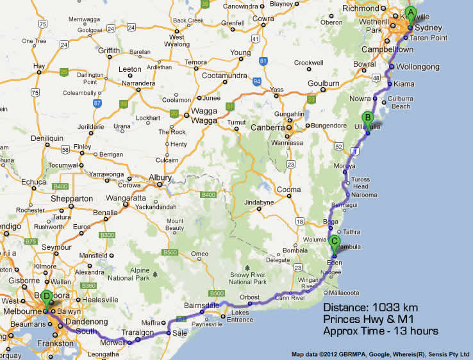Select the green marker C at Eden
(x=334, y=243)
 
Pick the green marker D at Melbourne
(x=46, y=297)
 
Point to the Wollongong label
(x=417, y=67)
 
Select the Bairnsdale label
(x=202, y=305)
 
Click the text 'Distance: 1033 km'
(x=370, y=307)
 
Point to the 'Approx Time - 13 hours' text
(x=380, y=331)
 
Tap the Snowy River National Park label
(x=249, y=277)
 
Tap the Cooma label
(x=288, y=190)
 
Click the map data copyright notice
(x=380, y=354)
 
